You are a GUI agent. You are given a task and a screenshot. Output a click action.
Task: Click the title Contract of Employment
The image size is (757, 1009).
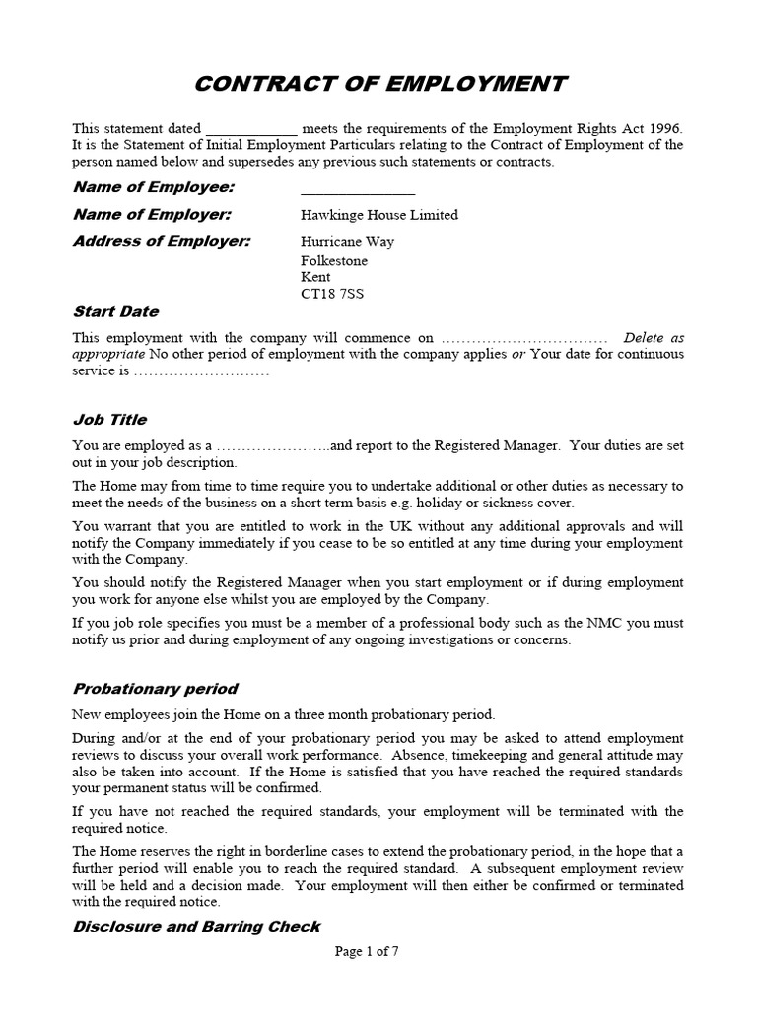(379, 83)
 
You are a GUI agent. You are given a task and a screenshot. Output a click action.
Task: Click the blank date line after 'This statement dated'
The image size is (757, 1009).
(250, 130)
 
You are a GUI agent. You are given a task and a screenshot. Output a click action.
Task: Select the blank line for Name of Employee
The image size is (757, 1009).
(357, 190)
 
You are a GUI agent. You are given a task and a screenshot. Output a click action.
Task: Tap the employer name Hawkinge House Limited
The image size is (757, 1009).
(378, 215)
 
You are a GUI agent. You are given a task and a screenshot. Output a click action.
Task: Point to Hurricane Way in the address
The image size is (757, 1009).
(346, 242)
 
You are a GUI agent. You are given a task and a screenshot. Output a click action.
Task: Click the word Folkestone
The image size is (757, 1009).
(333, 260)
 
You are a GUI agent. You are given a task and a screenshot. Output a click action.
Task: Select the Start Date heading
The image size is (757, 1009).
(115, 312)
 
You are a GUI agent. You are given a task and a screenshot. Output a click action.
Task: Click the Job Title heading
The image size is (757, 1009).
(109, 420)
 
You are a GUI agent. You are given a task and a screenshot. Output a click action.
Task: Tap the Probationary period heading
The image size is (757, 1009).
(155, 689)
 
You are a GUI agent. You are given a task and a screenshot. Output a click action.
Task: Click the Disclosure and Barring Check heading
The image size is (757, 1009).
(196, 927)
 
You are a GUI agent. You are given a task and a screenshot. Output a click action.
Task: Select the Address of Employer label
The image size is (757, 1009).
(163, 242)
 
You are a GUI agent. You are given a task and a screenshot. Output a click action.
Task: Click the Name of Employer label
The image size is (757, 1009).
(152, 215)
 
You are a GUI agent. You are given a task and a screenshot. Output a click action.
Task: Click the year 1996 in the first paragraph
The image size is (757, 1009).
(663, 129)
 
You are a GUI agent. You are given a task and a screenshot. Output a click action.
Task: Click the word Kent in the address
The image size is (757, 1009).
(316, 277)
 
